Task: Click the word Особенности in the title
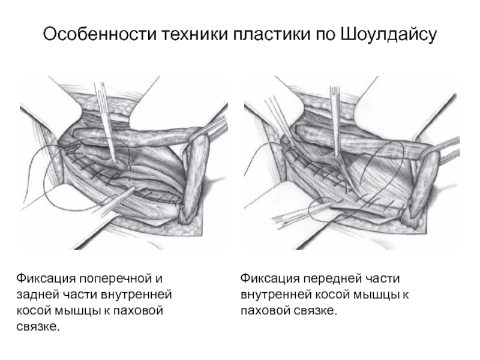[100, 34]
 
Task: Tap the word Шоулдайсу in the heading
[388, 34]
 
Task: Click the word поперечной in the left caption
[121, 279]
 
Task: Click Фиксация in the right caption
[269, 278]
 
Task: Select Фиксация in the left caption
[46, 278]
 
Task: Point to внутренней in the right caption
[276, 295]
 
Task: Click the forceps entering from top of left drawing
[106, 122]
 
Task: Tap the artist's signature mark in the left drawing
[167, 229]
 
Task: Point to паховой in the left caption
[138, 311]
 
